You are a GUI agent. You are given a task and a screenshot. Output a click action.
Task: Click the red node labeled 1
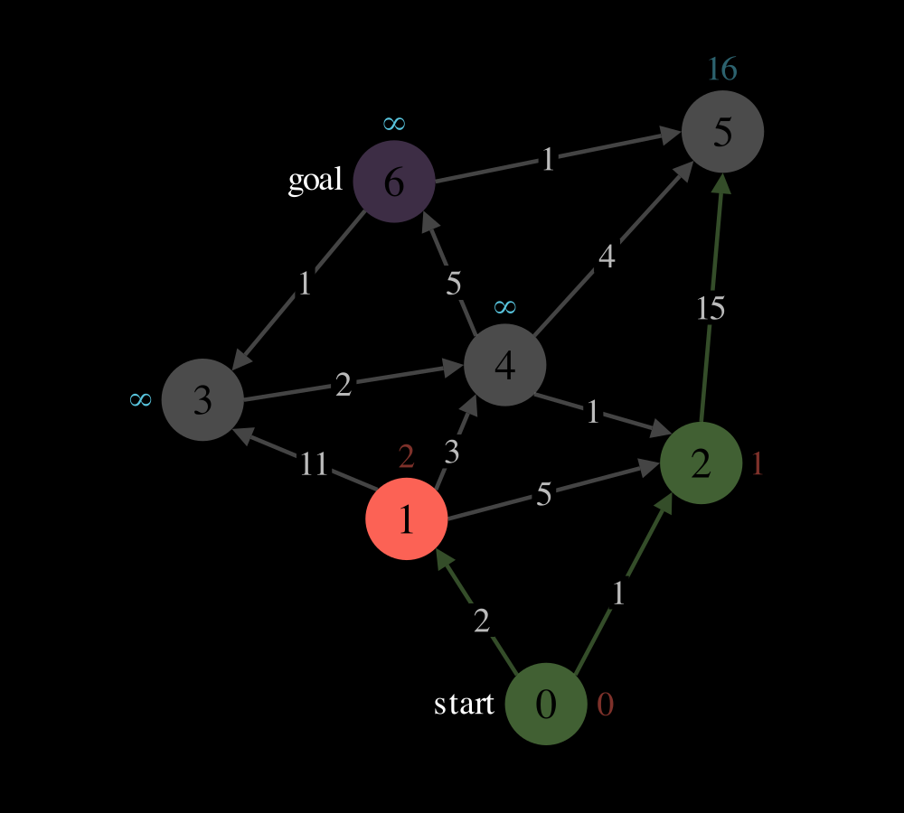407,519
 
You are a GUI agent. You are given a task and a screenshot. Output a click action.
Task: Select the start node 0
546,704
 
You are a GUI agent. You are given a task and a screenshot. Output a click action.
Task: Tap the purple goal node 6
394,182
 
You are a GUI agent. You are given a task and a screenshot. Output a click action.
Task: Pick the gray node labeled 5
722,131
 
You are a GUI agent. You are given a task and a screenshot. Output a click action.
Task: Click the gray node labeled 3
202,399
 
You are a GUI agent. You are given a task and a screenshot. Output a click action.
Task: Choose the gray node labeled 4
505,365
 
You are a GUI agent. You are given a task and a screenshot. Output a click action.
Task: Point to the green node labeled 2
701,463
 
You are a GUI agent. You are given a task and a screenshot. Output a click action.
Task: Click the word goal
315,181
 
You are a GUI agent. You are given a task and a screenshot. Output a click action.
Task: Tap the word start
464,704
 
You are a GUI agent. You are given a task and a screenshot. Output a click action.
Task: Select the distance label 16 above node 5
722,70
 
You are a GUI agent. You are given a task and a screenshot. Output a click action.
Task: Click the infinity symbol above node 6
394,123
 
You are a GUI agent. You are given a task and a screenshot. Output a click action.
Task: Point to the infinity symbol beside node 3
141,399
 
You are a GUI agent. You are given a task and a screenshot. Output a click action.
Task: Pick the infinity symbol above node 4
505,306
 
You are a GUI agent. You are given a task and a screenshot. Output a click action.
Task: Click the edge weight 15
711,308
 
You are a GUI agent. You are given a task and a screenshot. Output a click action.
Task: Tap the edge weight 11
315,464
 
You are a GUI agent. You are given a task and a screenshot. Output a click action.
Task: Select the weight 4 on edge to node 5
607,257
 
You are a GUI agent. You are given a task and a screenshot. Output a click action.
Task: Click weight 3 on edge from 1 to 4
451,453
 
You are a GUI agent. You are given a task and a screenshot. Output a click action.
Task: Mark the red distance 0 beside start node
605,704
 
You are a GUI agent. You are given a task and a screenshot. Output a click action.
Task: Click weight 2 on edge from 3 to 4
343,384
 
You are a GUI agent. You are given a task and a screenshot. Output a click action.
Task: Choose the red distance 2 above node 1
407,457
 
